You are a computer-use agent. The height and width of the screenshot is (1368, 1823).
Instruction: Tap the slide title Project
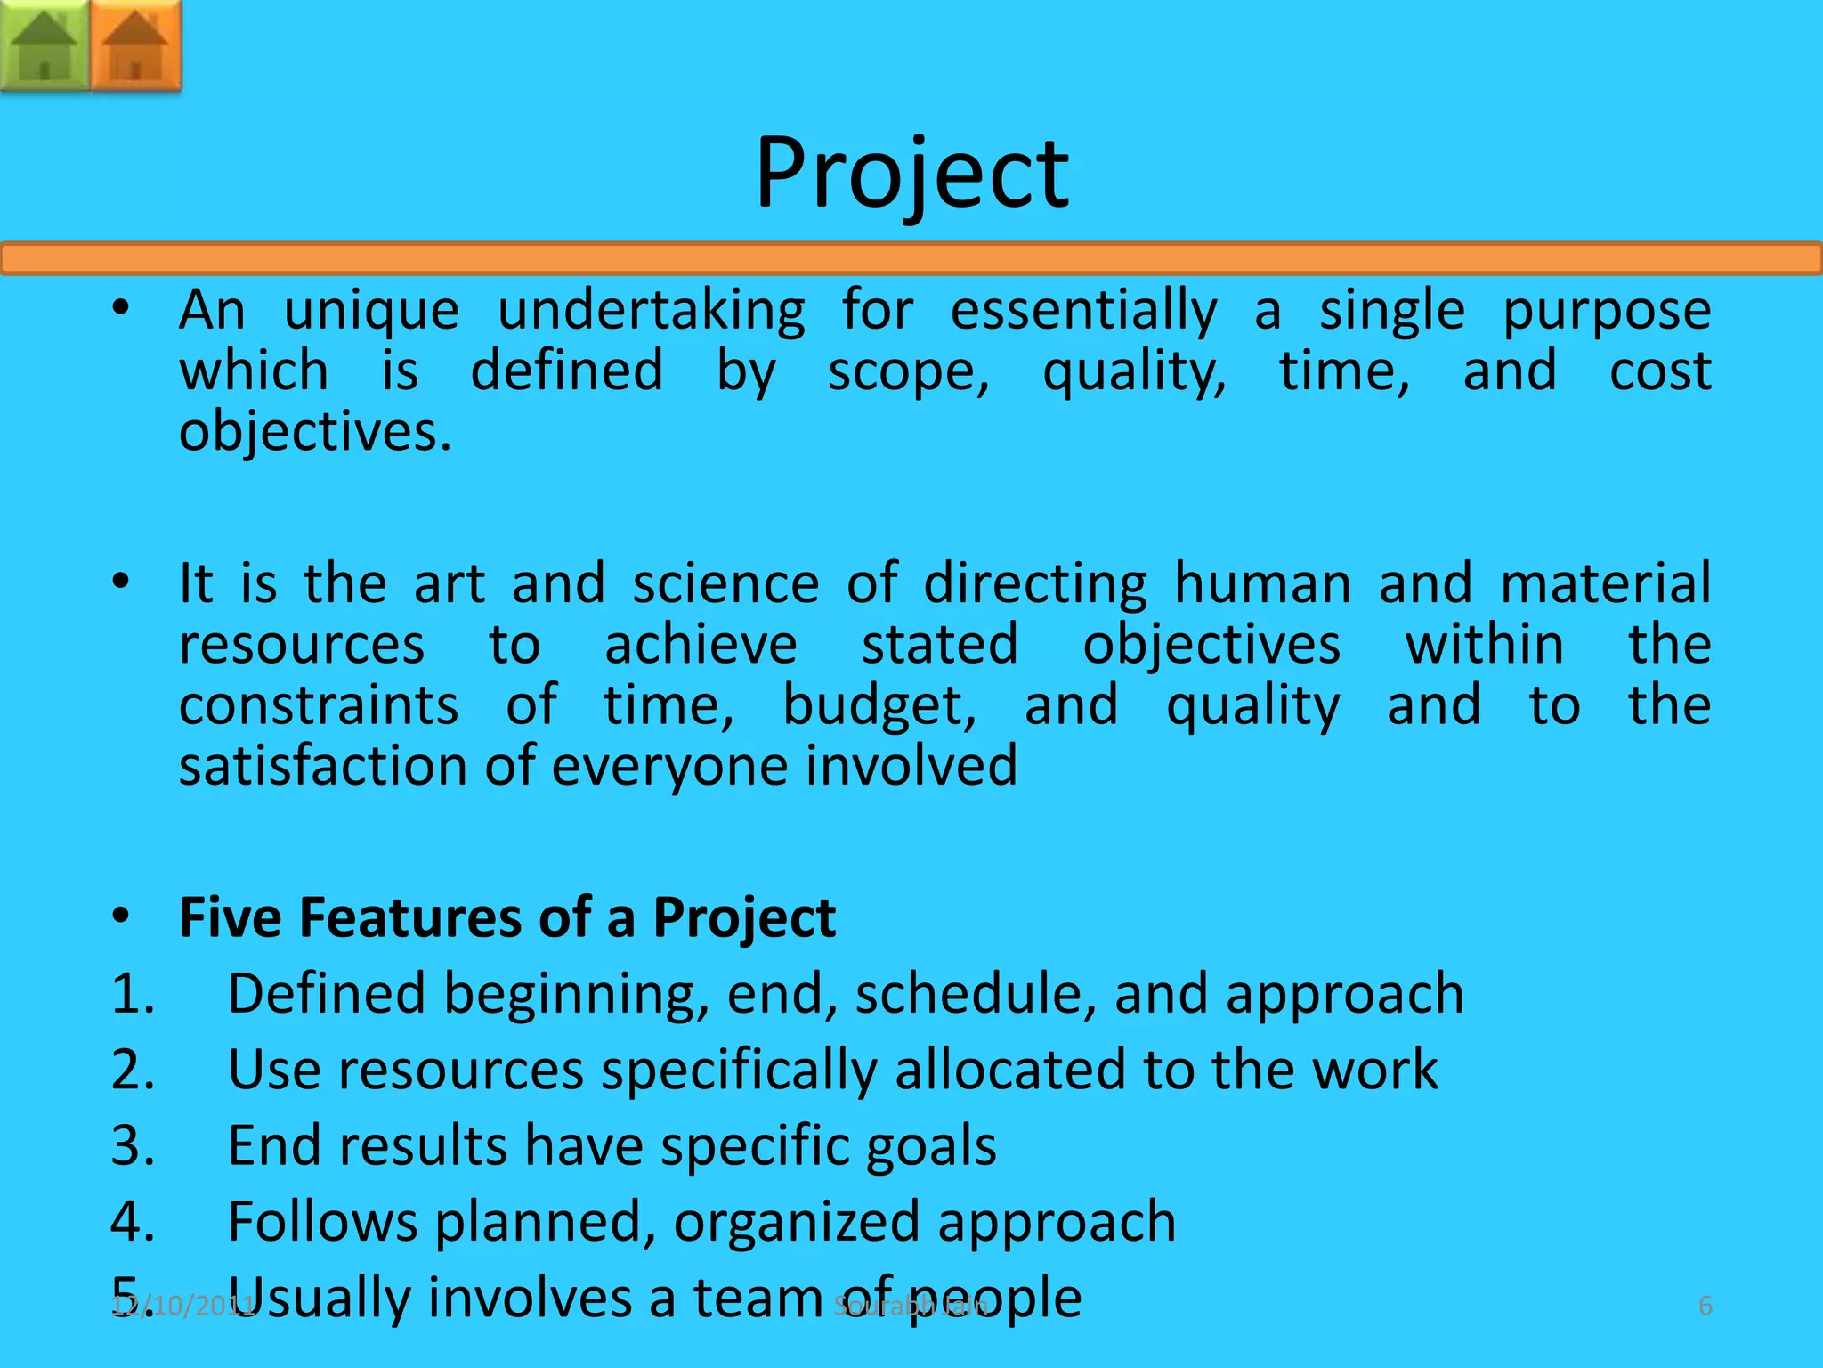tap(911, 174)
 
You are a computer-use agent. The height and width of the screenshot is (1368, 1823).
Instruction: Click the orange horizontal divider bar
tap(911, 259)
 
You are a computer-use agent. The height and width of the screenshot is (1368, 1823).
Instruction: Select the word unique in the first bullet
tap(371, 312)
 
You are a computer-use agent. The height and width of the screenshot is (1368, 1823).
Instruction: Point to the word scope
tap(908, 372)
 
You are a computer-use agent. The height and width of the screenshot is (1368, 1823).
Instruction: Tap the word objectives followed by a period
tap(315, 433)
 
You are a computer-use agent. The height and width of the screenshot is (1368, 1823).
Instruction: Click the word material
tap(1606, 584)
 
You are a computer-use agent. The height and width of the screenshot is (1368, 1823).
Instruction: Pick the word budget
tap(879, 707)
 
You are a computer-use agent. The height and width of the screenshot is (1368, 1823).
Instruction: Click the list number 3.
tap(132, 1145)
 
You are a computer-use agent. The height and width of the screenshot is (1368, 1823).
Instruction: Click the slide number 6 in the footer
tap(1706, 1307)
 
